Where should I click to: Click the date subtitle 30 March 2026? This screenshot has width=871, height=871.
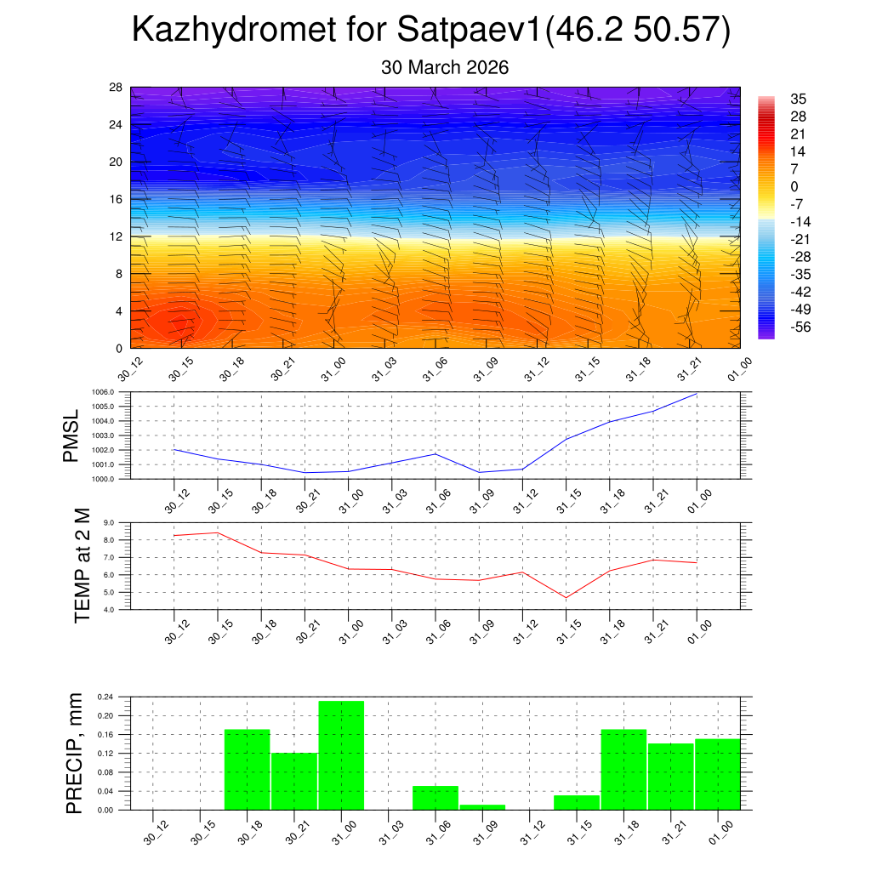coord(445,68)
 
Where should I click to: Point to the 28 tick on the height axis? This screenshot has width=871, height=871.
coord(116,88)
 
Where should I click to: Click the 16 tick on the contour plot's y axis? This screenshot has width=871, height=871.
coord(116,199)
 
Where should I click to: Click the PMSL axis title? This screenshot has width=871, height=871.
coord(71,436)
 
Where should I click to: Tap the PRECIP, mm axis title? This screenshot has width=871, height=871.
coord(75,754)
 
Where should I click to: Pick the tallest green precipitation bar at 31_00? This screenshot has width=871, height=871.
coord(341,755)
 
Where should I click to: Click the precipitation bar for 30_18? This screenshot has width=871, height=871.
coord(247,770)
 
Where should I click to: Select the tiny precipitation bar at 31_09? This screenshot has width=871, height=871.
coord(482,807)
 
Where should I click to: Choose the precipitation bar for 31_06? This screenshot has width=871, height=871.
coord(435,798)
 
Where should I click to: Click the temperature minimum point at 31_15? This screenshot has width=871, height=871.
coord(566,598)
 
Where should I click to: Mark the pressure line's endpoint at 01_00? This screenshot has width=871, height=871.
coord(697,394)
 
